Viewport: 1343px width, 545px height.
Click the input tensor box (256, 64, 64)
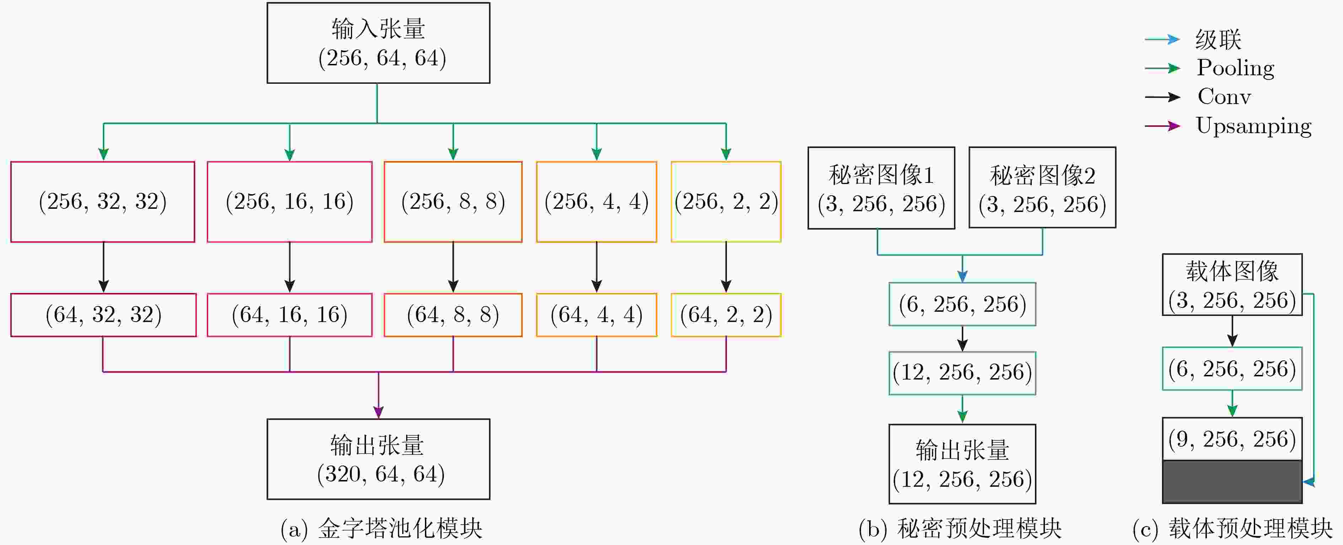pos(378,43)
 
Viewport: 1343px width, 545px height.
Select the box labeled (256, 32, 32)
pos(103,202)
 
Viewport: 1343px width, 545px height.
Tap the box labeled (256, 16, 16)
pos(290,202)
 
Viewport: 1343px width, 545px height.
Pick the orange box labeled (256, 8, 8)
pos(453,202)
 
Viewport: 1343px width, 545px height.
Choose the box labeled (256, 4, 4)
pos(597,202)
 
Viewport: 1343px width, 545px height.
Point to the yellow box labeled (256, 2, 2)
pos(726,202)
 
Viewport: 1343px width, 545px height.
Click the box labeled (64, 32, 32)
pos(103,315)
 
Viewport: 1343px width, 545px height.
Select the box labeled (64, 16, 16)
pos(290,315)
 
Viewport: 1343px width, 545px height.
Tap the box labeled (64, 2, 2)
pos(726,315)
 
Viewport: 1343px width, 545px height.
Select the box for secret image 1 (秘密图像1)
pos(881,187)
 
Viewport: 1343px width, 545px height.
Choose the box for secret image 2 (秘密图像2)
pos(1042,187)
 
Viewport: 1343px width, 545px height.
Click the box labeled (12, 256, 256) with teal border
pos(962,373)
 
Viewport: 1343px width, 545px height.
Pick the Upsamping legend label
pos(1253,126)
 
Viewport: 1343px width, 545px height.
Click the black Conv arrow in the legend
pos(1163,97)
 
